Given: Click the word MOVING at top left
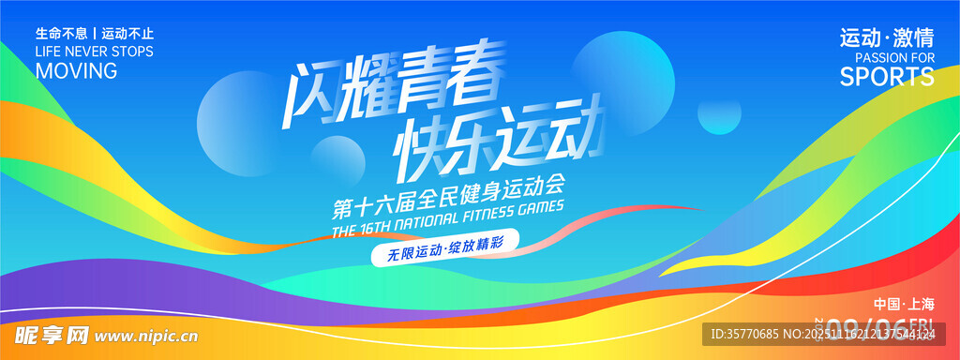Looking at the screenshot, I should (x=76, y=71).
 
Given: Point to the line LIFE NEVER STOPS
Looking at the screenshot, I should (x=94, y=52).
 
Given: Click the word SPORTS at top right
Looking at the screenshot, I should (x=887, y=78).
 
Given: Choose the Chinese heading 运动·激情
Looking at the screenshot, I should (x=887, y=38).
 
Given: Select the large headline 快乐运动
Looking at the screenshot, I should (x=497, y=142).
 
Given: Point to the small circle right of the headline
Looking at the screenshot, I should (x=718, y=113).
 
